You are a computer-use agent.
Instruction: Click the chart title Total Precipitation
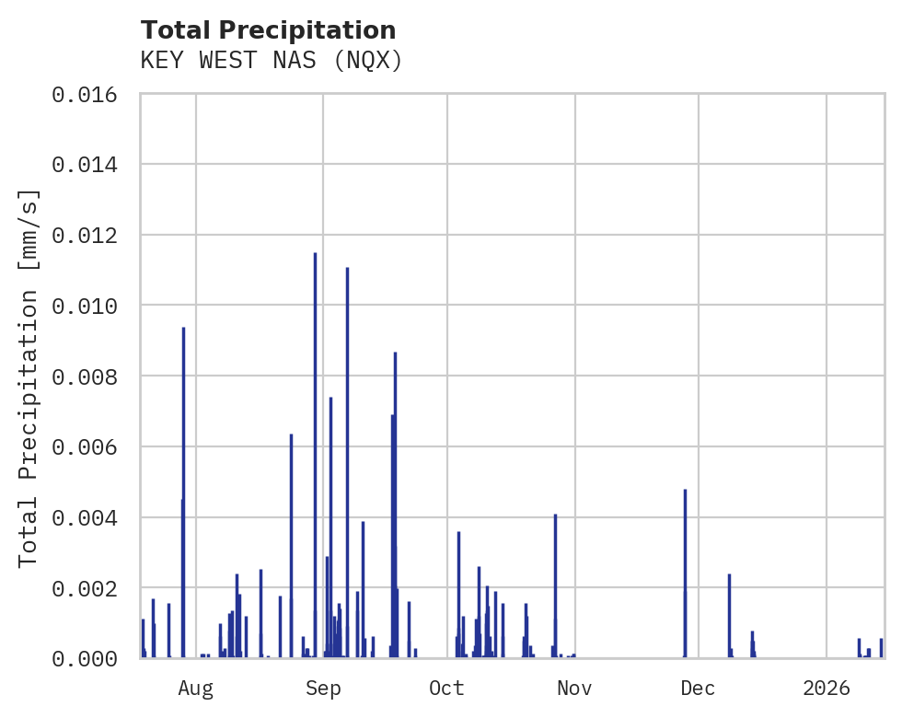point(268,30)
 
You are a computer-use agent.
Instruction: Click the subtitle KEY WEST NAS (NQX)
point(272,61)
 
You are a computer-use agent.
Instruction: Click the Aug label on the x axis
point(196,688)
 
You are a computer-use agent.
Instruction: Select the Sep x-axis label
point(323,688)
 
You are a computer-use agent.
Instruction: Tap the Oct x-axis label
point(446,688)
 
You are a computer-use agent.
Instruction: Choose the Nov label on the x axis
point(573,688)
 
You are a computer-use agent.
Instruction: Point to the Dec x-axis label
point(698,688)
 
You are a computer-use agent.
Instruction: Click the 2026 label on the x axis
point(826,688)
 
